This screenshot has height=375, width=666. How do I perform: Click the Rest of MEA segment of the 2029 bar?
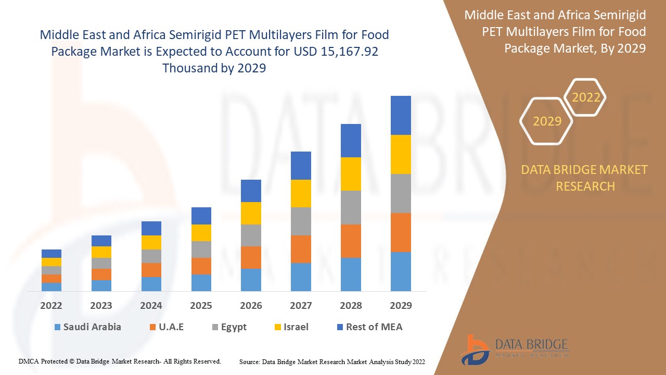tap(401, 115)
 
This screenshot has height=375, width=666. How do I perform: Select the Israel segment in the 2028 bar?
tap(351, 173)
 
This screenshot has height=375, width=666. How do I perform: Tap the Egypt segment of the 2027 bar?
tap(301, 221)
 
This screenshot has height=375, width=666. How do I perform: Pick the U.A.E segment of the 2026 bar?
tap(251, 257)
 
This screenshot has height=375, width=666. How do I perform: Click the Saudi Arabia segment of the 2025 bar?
tap(201, 282)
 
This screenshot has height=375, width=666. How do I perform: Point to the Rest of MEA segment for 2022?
tap(52, 254)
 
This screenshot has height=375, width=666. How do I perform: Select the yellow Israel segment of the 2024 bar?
tap(151, 242)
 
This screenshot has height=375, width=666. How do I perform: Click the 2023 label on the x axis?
tap(101, 306)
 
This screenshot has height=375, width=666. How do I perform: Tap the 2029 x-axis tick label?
tap(401, 306)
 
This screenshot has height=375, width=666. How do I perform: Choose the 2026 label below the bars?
tap(251, 306)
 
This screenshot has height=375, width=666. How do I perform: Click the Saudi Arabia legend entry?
tap(87, 327)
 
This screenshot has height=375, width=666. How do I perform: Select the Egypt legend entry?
tap(229, 327)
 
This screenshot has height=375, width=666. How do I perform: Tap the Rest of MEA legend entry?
tap(369, 327)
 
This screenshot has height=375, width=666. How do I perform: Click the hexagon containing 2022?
tap(585, 97)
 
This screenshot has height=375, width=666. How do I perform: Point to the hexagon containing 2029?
tap(546, 121)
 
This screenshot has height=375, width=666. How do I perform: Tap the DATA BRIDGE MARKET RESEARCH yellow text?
tap(584, 178)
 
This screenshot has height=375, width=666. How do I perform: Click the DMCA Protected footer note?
tap(120, 361)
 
